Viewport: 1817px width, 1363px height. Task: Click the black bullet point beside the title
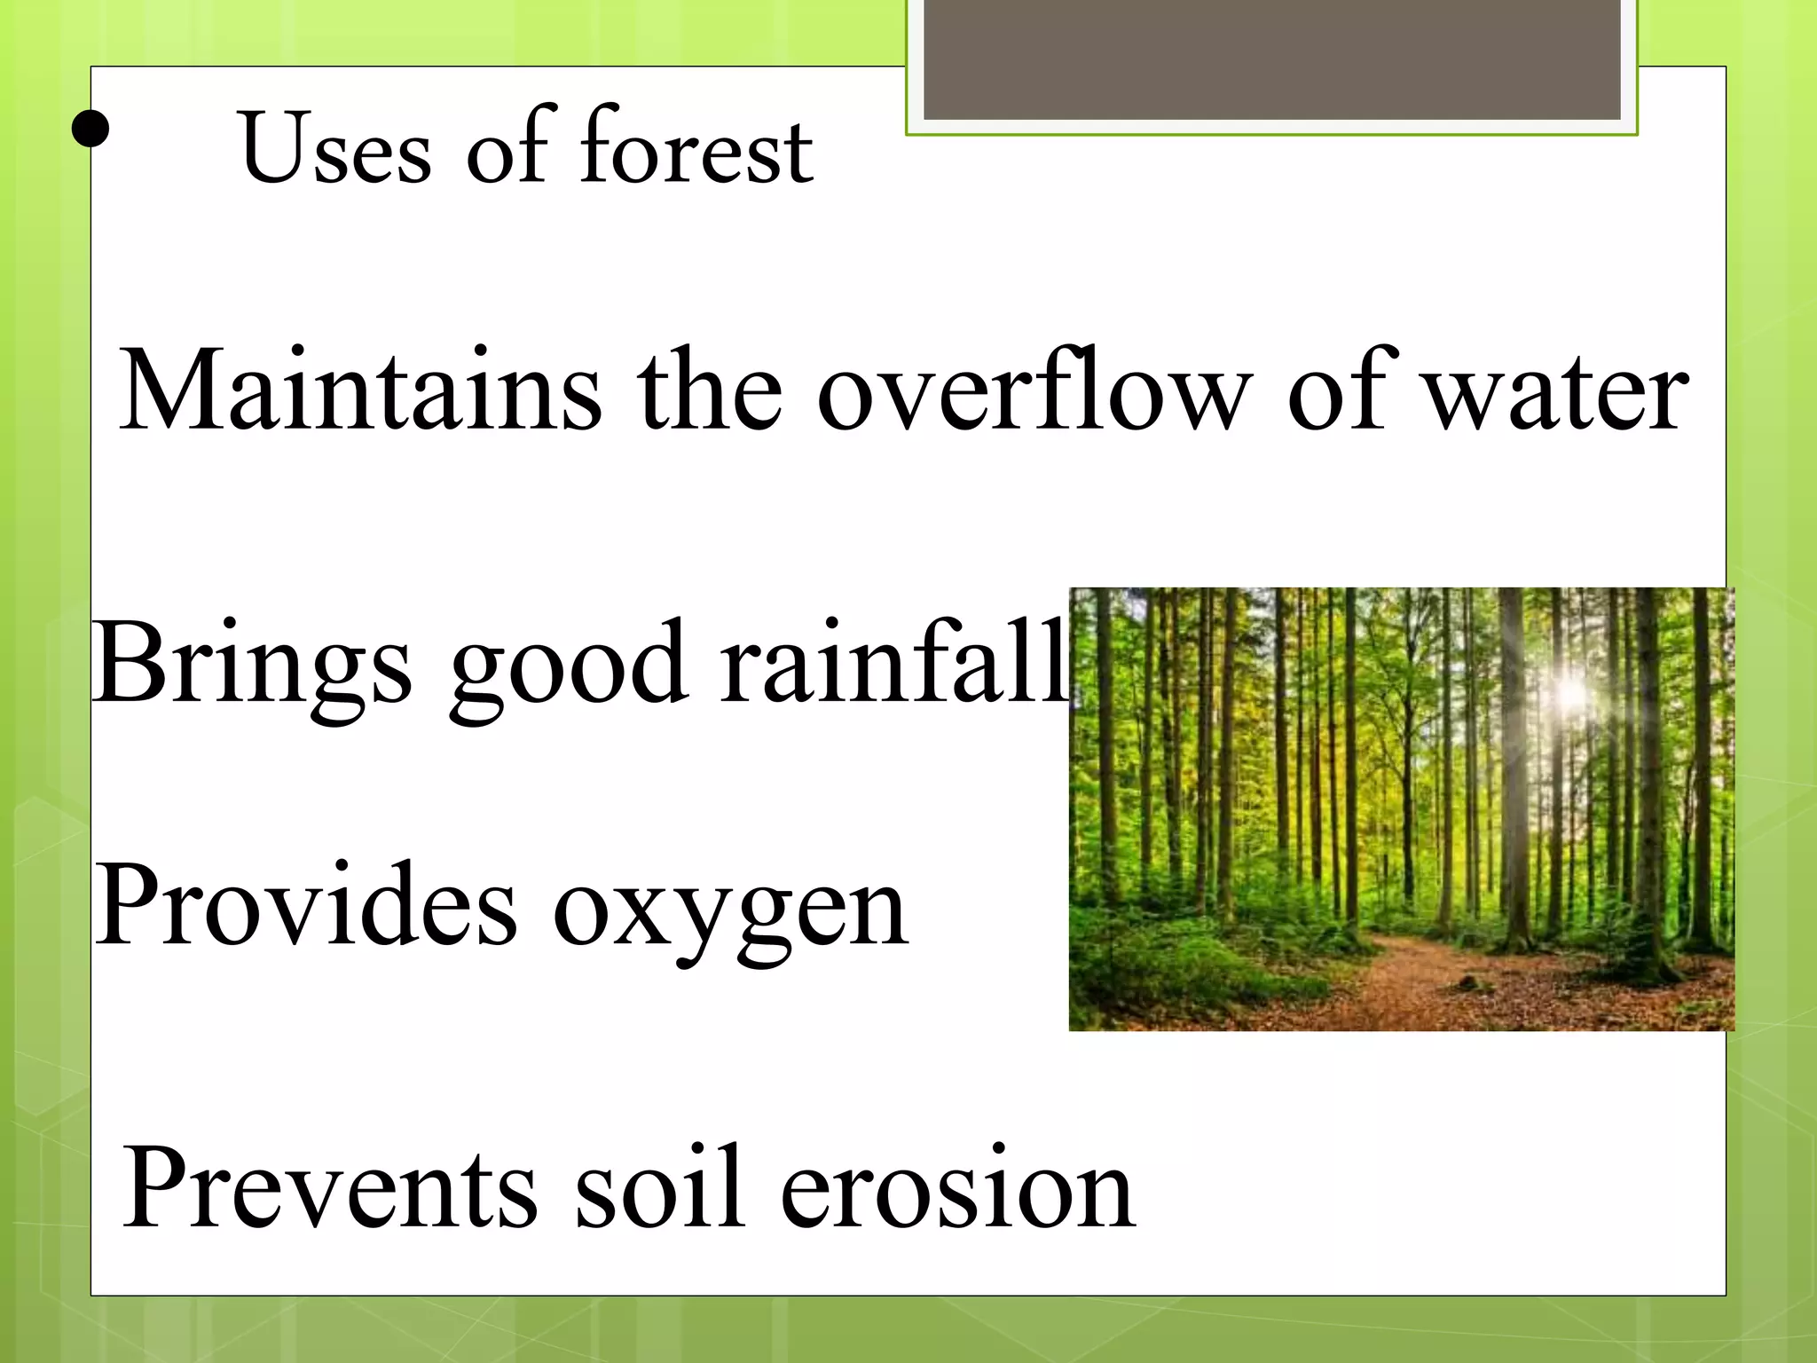click(90, 130)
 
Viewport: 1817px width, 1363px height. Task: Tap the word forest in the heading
click(696, 146)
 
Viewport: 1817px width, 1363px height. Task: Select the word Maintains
click(360, 391)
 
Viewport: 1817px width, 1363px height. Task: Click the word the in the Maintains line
click(709, 391)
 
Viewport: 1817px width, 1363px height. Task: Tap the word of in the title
click(507, 146)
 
